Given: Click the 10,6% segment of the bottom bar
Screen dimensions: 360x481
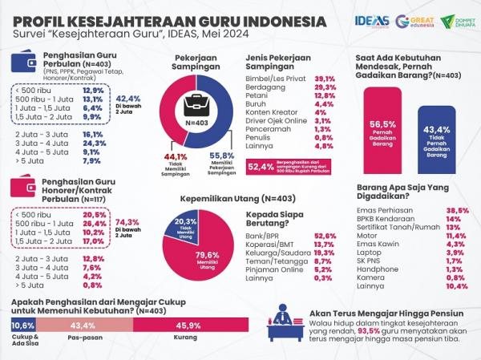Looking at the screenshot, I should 22,326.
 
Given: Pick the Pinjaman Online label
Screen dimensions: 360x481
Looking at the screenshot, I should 269,269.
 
